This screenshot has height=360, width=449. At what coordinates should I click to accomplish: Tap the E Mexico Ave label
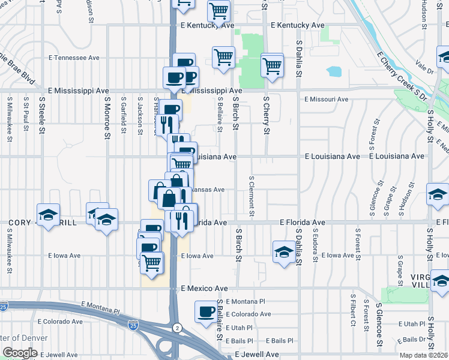(x=205, y=289)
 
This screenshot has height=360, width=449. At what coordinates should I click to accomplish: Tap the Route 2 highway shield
(x=177, y=327)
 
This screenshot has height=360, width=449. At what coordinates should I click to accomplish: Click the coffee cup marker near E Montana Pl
(x=206, y=311)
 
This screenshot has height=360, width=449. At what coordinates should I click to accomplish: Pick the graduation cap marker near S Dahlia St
(x=283, y=251)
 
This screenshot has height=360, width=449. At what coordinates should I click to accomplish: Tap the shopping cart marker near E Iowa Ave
(x=151, y=262)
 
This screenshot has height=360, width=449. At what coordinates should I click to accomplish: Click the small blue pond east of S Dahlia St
(x=334, y=72)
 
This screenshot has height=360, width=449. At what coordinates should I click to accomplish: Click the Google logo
(x=20, y=353)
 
